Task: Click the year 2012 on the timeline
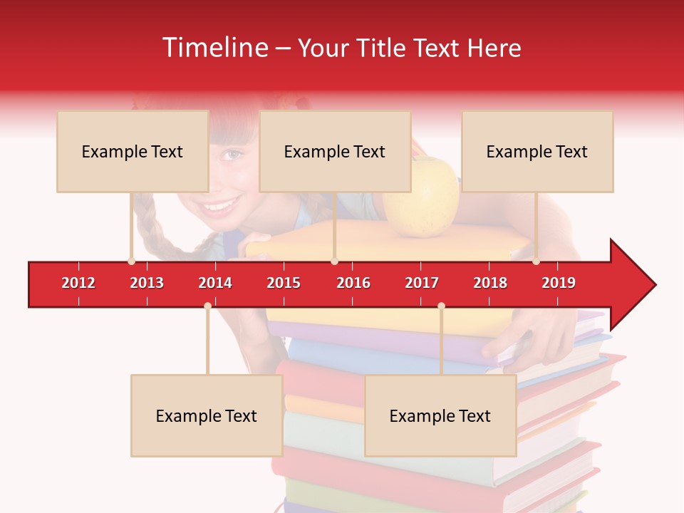click(x=78, y=283)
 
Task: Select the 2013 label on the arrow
click(x=147, y=283)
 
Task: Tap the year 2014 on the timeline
click(x=215, y=283)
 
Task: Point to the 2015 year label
click(x=284, y=283)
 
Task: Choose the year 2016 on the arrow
click(x=353, y=283)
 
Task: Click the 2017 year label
click(x=422, y=283)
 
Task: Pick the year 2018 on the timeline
click(x=490, y=283)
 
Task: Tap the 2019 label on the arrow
click(x=559, y=283)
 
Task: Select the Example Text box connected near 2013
click(x=133, y=151)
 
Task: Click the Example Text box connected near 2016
click(x=335, y=151)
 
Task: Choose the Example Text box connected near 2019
click(x=537, y=151)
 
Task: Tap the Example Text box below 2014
click(x=207, y=415)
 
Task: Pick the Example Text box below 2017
click(x=440, y=415)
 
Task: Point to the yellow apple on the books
click(x=422, y=196)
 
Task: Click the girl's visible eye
click(x=232, y=153)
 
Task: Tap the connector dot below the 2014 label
click(x=207, y=306)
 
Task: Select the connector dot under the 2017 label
click(x=441, y=306)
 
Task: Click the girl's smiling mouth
click(x=219, y=207)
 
